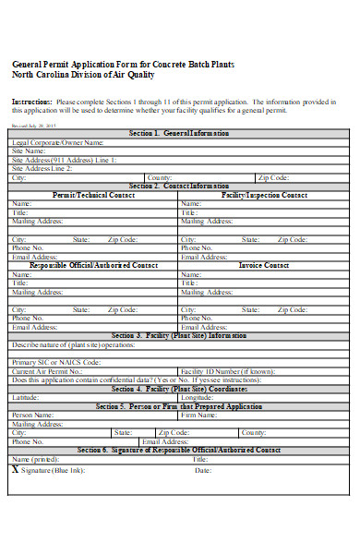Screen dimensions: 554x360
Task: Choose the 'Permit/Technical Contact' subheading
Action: click(x=93, y=195)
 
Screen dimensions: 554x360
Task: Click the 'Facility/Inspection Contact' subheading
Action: click(x=264, y=195)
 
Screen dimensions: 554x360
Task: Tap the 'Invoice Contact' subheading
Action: click(x=264, y=265)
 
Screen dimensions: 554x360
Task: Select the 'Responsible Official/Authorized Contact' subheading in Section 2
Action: click(x=93, y=265)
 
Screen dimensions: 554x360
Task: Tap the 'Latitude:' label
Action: click(x=26, y=397)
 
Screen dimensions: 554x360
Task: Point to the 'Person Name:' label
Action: click(x=33, y=415)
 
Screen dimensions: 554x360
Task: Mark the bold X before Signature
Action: click(x=15, y=469)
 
